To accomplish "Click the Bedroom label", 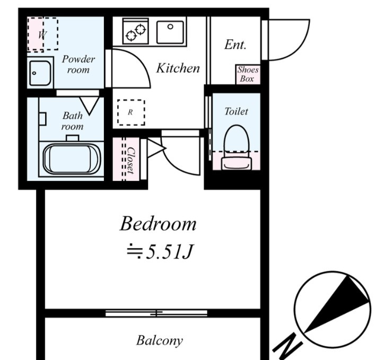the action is tap(158, 224).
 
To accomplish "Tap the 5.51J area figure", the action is tap(169, 252).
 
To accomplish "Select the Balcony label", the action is tap(160, 340).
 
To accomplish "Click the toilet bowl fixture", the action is tap(237, 147).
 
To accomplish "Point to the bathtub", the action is tap(72, 159).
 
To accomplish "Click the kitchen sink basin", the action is tap(170, 32).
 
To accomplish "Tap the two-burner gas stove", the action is tap(135, 31).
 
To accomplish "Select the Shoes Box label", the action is tap(248, 74).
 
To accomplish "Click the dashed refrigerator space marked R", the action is tap(131, 112).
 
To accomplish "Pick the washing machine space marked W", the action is tap(42, 34).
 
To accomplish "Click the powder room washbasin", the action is tap(40, 73).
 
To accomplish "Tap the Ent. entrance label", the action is tap(235, 45).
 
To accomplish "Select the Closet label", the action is tap(131, 160).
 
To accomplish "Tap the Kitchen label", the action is tap(178, 68).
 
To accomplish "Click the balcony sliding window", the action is tap(156, 313).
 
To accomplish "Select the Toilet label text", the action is tap(236, 111).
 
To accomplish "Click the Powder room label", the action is tap(78, 65).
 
